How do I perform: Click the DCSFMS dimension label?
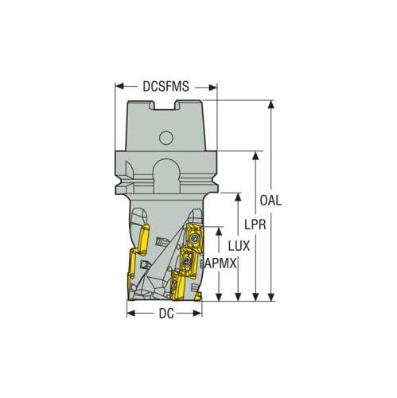click(x=165, y=86)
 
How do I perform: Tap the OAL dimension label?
click(x=271, y=201)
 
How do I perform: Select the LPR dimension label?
click(x=255, y=224)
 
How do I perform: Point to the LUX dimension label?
click(x=239, y=246)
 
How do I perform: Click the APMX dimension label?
click(x=220, y=263)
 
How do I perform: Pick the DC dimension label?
click(x=166, y=314)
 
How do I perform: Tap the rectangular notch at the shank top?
click(x=165, y=105)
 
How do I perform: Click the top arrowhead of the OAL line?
click(x=271, y=105)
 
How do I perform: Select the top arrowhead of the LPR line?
click(x=255, y=156)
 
